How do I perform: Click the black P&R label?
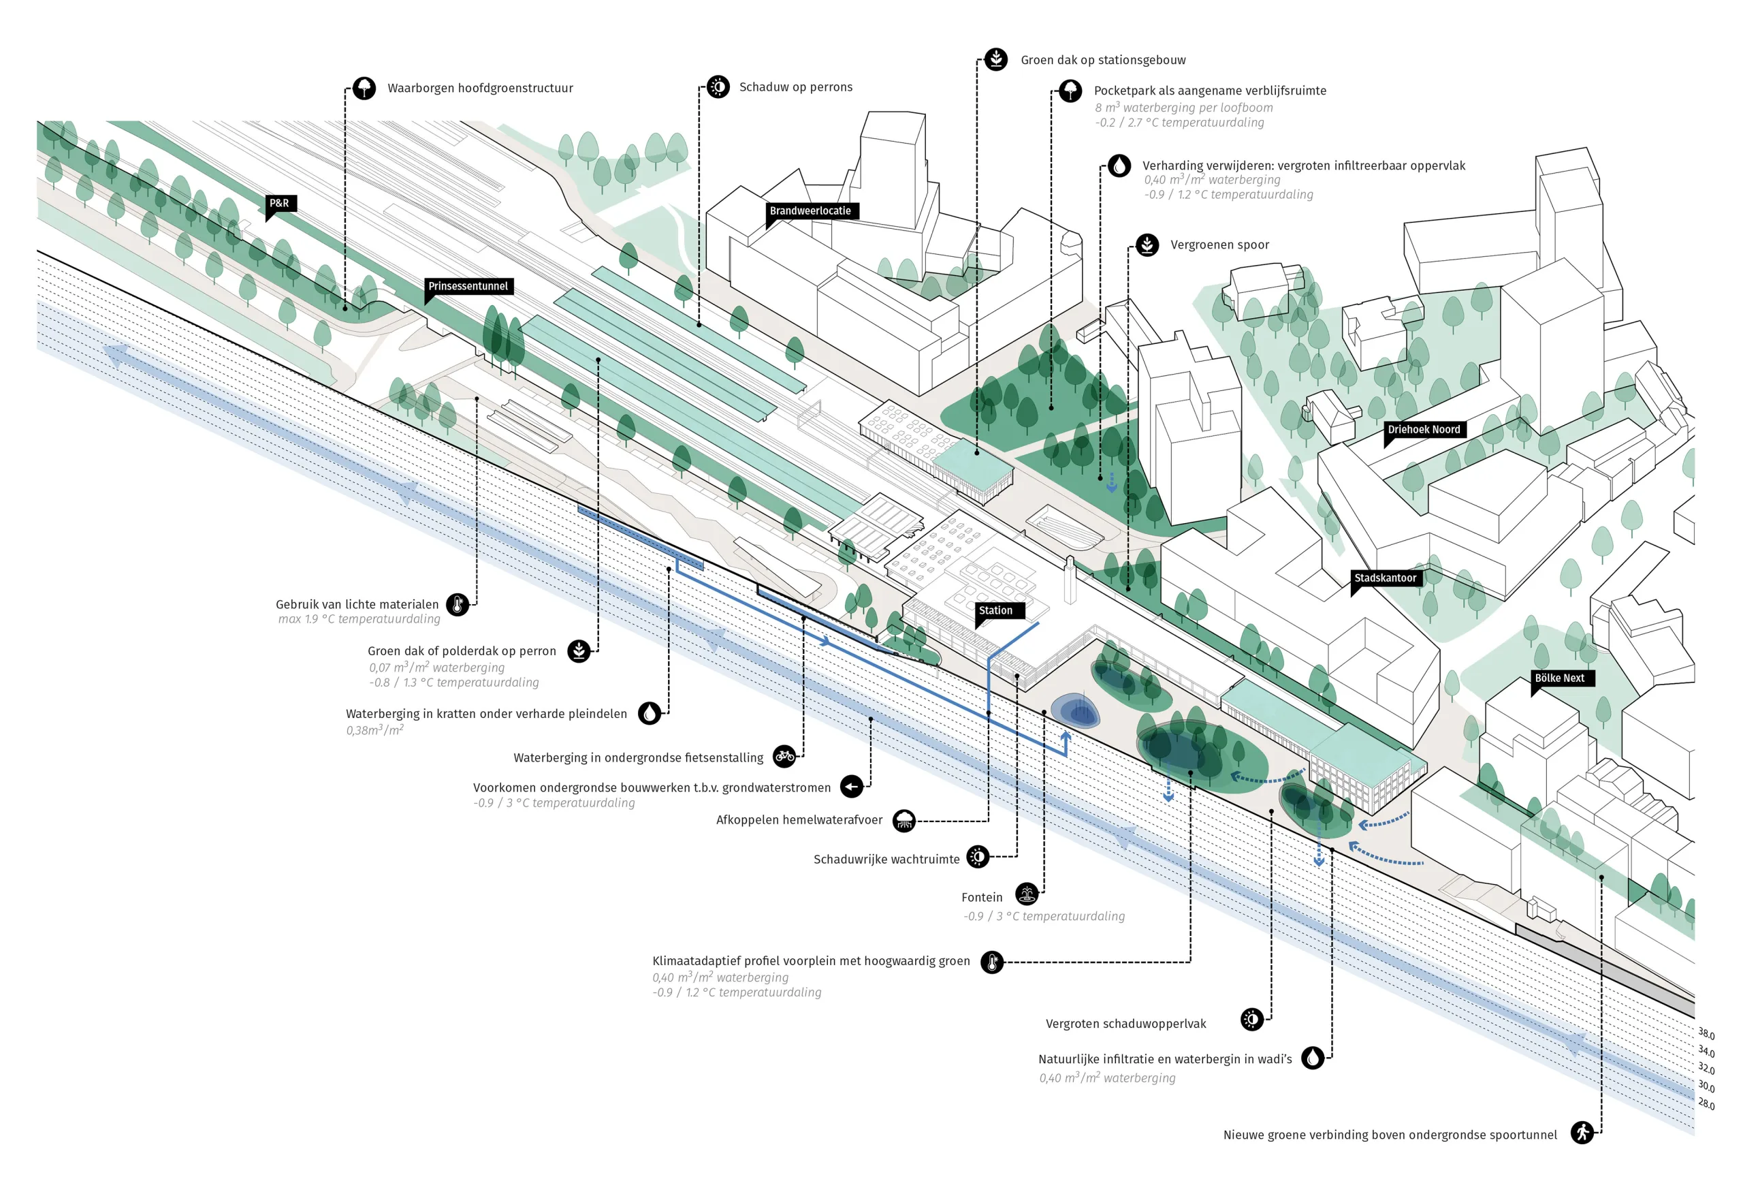[280, 203]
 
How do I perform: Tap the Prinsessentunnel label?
[468, 286]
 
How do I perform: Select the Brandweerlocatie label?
[810, 210]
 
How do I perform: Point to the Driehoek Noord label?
[1424, 429]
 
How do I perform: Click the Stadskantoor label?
[1386, 578]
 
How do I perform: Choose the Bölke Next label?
[1560, 678]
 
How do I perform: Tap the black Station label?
[995, 610]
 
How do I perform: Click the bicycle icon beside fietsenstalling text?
[784, 756]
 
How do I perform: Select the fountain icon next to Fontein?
[1027, 894]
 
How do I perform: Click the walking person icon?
[1583, 1132]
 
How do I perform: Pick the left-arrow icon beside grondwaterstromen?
[851, 786]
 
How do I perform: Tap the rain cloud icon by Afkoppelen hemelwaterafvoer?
[904, 821]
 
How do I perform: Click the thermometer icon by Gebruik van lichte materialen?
[458, 604]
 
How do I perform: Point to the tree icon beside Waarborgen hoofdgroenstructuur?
[364, 88]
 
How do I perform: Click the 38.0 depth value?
[1706, 1034]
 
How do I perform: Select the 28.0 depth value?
[1706, 1103]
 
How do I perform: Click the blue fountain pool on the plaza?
[1076, 710]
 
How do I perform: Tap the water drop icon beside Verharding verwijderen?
[1119, 166]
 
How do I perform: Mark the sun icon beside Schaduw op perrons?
[718, 87]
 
